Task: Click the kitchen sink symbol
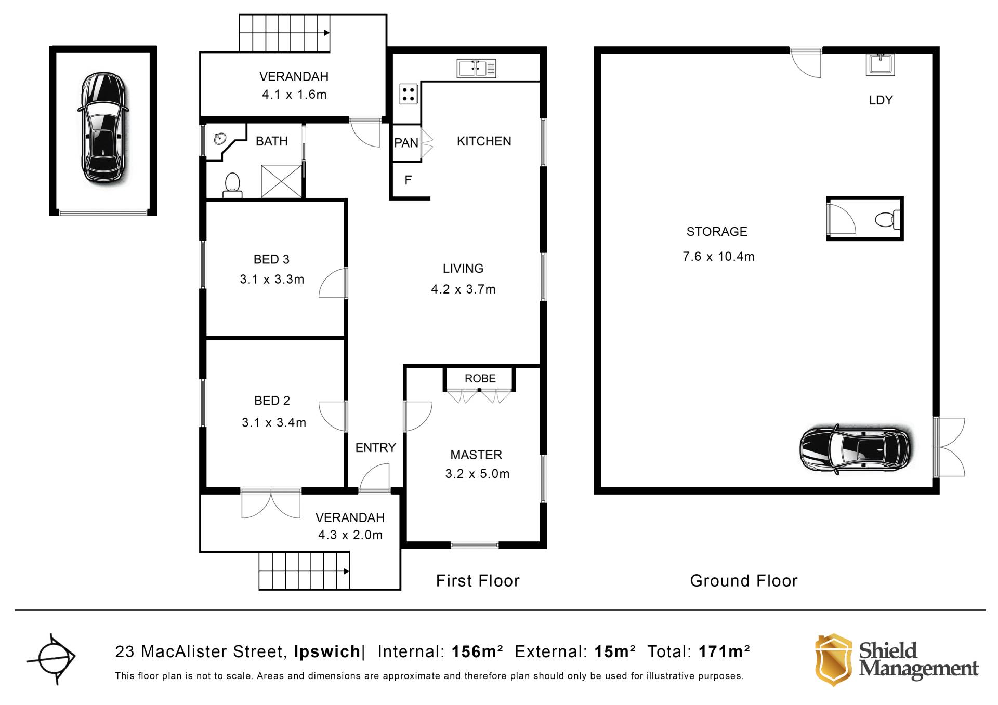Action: coord(476,68)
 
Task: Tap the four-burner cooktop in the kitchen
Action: coord(409,94)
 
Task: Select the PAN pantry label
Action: coord(406,143)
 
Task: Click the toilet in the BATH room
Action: coord(232,185)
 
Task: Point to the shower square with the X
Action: coord(281,181)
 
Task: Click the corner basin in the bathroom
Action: coord(219,139)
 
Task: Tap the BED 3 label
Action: coord(271,259)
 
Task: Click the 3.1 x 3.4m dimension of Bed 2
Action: coord(274,423)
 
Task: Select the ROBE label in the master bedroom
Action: coord(480,378)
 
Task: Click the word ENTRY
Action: coord(375,447)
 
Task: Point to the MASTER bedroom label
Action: coord(476,455)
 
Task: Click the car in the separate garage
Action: coord(103,128)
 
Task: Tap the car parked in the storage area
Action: coord(856,448)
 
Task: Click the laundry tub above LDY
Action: coord(880,64)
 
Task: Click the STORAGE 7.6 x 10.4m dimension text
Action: coord(718,257)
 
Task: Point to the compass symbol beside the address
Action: coord(51,658)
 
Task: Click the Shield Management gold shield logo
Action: coord(833,659)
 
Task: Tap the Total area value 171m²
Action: coord(724,651)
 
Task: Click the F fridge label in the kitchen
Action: coord(408,180)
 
